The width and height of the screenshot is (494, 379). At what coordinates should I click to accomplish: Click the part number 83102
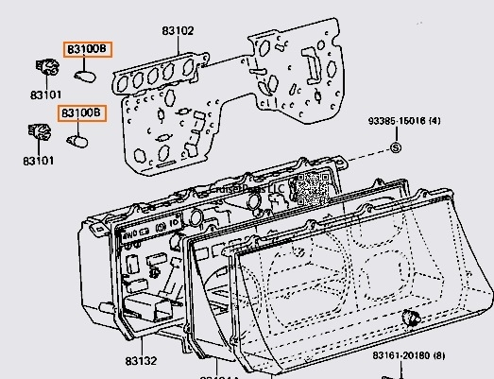pyautogui.click(x=177, y=31)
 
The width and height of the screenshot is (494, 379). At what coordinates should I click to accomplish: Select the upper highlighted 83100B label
pyautogui.click(x=87, y=48)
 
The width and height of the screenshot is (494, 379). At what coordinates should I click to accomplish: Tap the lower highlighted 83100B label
pyautogui.click(x=83, y=113)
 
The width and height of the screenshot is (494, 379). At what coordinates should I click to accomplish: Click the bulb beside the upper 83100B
pyautogui.click(x=85, y=74)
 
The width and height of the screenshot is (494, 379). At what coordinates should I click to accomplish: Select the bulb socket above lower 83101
pyautogui.click(x=40, y=132)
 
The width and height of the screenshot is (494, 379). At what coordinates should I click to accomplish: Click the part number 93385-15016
pyautogui.click(x=399, y=122)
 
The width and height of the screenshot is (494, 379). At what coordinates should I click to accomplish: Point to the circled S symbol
pyautogui.click(x=395, y=146)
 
